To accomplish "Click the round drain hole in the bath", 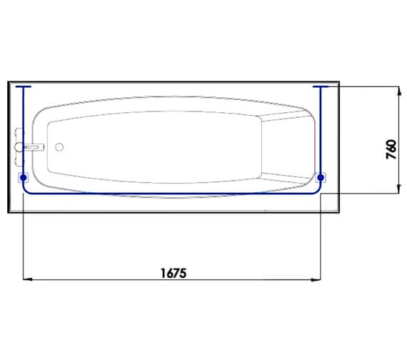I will (x=59, y=148).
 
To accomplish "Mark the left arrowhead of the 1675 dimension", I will (x=29, y=280).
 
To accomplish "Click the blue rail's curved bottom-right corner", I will (x=317, y=191).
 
